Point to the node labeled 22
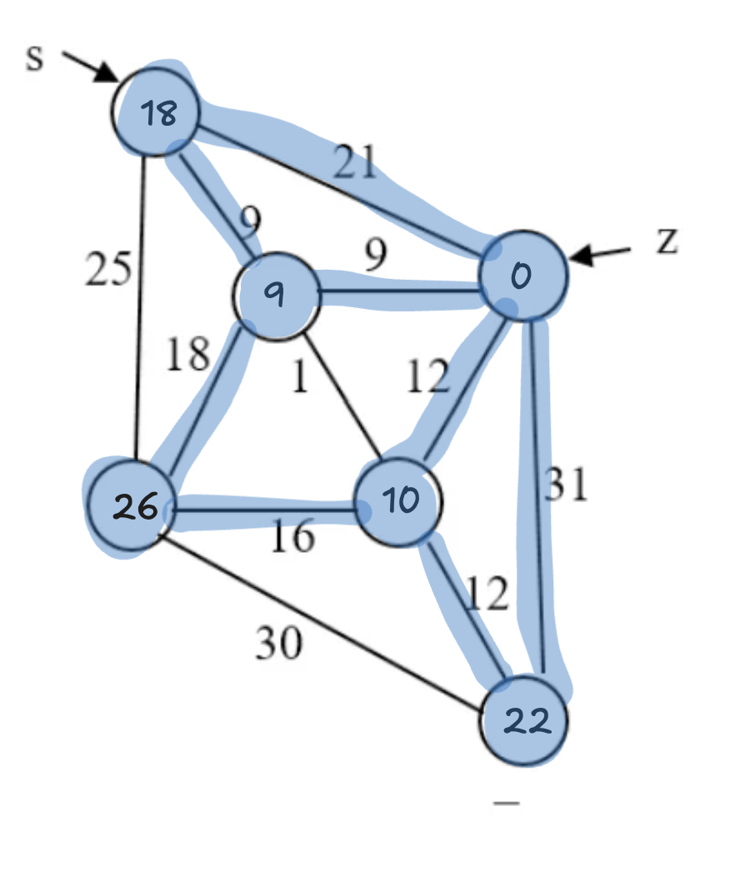pos(525,721)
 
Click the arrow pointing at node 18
pos(92,67)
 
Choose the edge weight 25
pos(108,271)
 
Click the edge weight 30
pos(278,642)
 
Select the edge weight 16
pos(292,537)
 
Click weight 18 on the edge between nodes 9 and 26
pos(187,354)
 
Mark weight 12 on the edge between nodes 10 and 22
pos(487,594)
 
